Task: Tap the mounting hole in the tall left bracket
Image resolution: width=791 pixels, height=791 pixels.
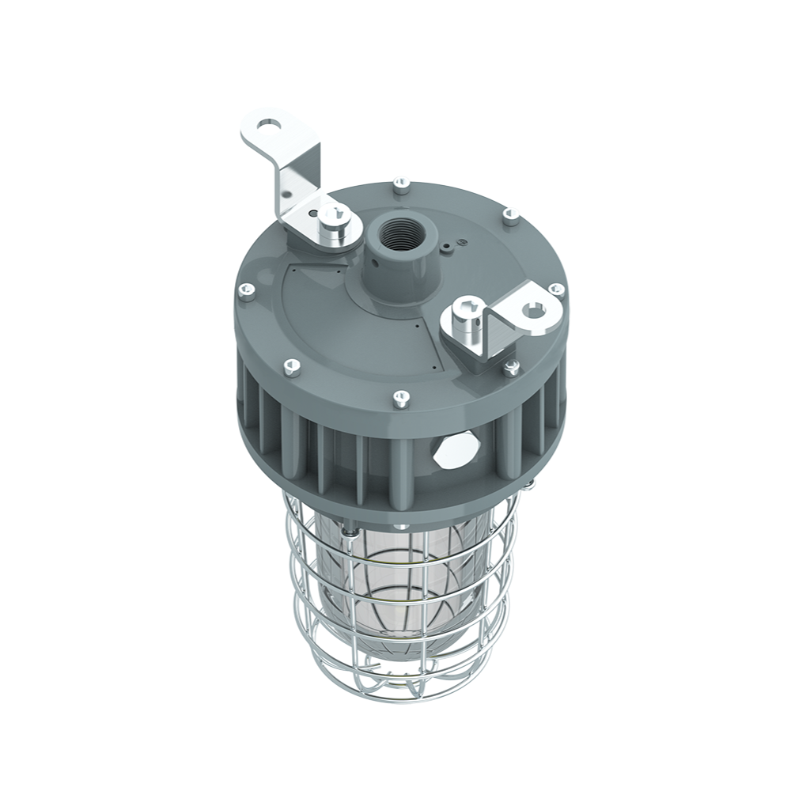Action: (270, 125)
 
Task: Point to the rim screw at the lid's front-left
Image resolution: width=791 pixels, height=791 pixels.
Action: (292, 366)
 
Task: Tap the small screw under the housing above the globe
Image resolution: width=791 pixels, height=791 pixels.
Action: (402, 525)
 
